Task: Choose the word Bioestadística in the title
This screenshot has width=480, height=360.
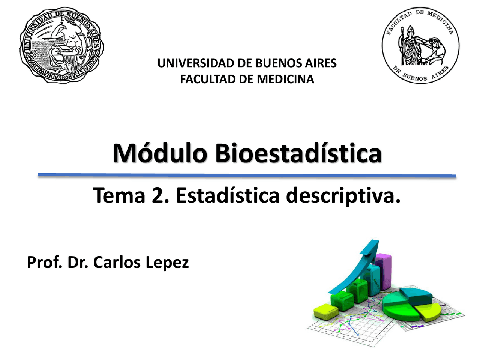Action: [x=298, y=153]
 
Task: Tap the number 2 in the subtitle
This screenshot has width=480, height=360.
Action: [x=158, y=196]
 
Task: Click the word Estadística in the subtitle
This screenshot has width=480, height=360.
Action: [x=228, y=196]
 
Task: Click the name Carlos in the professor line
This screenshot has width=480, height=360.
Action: [x=117, y=262]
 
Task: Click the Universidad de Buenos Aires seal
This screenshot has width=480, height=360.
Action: [x=62, y=45]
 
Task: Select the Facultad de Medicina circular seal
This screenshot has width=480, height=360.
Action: [x=420, y=45]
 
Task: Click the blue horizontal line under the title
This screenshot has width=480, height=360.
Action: [x=247, y=175]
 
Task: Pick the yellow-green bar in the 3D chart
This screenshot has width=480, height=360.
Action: [x=325, y=312]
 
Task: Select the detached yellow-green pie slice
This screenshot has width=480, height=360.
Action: [x=430, y=312]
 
